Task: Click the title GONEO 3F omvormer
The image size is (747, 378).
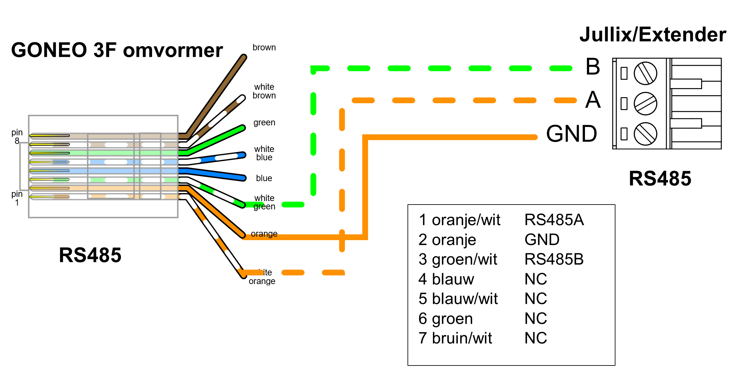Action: [x=117, y=50]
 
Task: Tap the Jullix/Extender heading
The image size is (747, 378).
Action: [x=653, y=35]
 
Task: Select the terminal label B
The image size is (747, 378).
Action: [x=593, y=67]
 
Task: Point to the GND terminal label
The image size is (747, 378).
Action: [x=571, y=134]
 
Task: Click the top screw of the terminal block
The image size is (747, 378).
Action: [x=645, y=73]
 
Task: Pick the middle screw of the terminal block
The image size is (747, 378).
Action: [x=645, y=104]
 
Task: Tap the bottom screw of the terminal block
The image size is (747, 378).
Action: [x=645, y=134]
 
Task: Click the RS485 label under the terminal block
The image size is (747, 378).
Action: [x=660, y=179]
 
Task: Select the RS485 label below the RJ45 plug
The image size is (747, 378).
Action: [x=90, y=255]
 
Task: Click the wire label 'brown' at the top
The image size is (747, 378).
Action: [x=264, y=47]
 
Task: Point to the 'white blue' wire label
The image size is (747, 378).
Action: [x=264, y=153]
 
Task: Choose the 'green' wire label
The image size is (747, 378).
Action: [x=264, y=122]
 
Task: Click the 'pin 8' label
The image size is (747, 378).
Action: [x=17, y=137]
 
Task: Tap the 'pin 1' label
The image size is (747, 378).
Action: [x=17, y=198]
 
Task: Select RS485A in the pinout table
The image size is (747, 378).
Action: [x=554, y=220]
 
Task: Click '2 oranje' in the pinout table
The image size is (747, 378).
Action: [x=447, y=240]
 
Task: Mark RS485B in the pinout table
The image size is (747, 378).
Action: [x=554, y=259]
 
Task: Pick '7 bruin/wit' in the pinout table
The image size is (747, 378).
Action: [x=455, y=338]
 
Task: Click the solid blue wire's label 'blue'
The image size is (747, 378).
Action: [x=264, y=178]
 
